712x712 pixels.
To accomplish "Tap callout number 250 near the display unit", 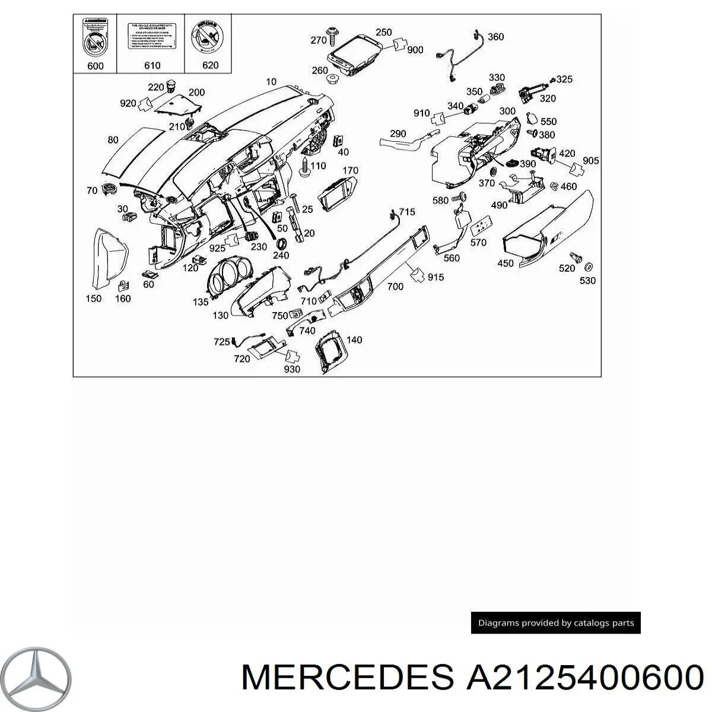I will pos(384,32).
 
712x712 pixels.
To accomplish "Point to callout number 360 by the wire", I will pos(495,37).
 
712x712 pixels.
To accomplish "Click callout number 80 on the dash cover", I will pos(113,140).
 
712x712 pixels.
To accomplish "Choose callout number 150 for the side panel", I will pos(93,298).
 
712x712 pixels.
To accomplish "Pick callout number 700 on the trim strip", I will pos(395,287).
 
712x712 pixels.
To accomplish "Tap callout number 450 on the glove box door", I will pos(506,263).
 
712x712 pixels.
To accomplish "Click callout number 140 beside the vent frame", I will pos(354,340).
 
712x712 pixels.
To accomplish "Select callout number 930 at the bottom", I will pos(292,369).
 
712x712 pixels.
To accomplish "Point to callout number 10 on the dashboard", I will pos(271,81).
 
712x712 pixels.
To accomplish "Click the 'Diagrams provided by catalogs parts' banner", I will pos(556,623).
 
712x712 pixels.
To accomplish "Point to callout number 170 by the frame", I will pos(351,170).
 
